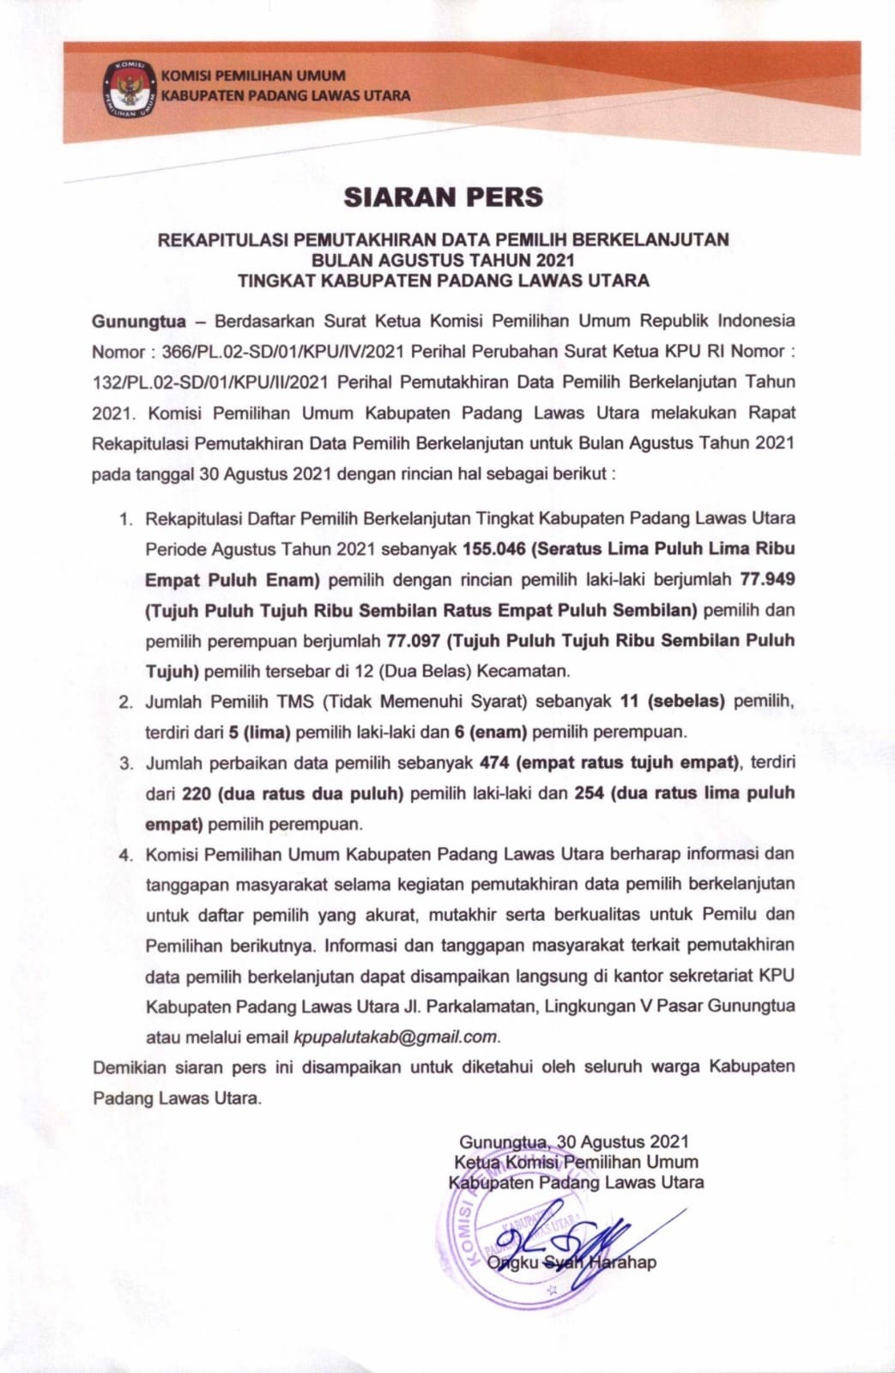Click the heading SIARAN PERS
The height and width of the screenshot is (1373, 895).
pyautogui.click(x=444, y=197)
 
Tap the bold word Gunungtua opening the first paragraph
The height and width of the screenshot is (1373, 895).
pyautogui.click(x=139, y=321)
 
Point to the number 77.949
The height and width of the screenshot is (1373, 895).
pyautogui.click(x=767, y=579)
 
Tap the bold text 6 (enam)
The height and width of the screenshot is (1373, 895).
pyautogui.click(x=493, y=732)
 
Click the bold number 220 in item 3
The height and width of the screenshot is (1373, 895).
pyautogui.click(x=197, y=793)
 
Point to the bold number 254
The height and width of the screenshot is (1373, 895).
pyautogui.click(x=590, y=793)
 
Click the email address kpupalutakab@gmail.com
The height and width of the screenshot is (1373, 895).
pyautogui.click(x=396, y=1037)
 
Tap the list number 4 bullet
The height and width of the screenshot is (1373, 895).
pyautogui.click(x=126, y=855)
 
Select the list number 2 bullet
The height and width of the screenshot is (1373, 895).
pyautogui.click(x=126, y=702)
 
